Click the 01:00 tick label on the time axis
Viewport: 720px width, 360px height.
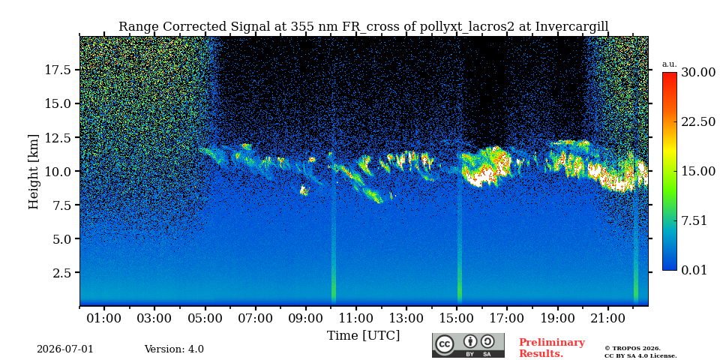click(x=104, y=318)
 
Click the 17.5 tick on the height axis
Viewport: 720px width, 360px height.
click(x=58, y=70)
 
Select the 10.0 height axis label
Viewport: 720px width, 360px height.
click(x=58, y=171)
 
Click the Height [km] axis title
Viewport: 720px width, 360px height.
click(x=34, y=171)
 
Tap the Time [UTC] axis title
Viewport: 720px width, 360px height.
click(x=363, y=336)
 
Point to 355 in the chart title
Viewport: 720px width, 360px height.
click(x=301, y=26)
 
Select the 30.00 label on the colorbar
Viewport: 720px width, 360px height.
click(x=698, y=72)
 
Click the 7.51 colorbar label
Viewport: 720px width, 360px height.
click(x=694, y=220)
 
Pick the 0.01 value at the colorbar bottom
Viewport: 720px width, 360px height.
click(x=694, y=270)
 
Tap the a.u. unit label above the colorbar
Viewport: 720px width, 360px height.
click(x=670, y=64)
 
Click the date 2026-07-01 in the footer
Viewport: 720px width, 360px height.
click(x=65, y=349)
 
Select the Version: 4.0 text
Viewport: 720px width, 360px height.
click(x=174, y=349)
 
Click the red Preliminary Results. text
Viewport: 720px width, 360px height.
click(x=551, y=348)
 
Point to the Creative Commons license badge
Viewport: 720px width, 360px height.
click(x=468, y=345)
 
